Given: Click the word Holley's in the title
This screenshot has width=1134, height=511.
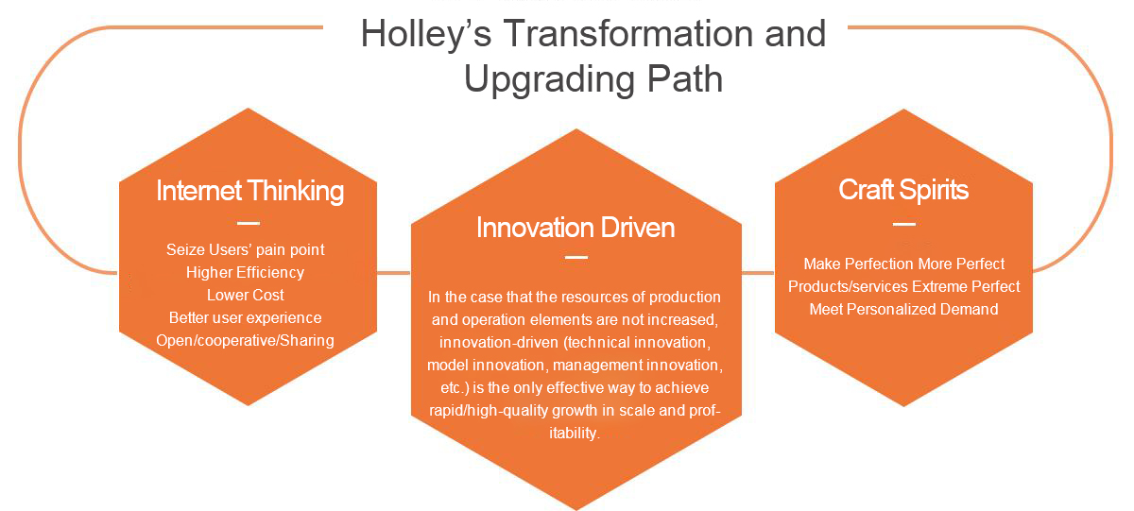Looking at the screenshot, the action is pyautogui.click(x=426, y=35).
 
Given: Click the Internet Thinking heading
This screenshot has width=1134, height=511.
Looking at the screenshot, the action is pyautogui.click(x=250, y=192).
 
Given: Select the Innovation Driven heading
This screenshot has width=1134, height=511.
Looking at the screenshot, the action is pyautogui.click(x=576, y=228).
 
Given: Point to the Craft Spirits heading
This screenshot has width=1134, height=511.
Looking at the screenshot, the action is pyautogui.click(x=903, y=190).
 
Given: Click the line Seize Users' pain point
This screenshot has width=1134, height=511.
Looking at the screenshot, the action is pyautogui.click(x=246, y=250).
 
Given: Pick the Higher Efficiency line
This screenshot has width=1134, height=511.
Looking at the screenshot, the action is pyautogui.click(x=245, y=273).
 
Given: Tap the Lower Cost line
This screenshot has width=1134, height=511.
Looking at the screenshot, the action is pyautogui.click(x=246, y=295).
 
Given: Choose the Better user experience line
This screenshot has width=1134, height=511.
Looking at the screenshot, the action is pyautogui.click(x=246, y=317).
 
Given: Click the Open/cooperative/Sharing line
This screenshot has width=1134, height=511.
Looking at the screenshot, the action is pyautogui.click(x=245, y=340).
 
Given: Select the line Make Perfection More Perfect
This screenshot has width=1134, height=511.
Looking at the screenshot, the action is pyautogui.click(x=904, y=264).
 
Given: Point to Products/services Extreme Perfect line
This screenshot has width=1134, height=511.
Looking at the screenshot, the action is pyautogui.click(x=904, y=287).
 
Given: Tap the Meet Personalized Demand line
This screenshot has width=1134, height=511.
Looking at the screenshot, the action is pyautogui.click(x=904, y=309).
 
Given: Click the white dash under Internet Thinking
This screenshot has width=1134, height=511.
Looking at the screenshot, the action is pyautogui.click(x=249, y=223).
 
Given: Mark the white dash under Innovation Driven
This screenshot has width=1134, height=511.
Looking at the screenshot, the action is pyautogui.click(x=576, y=258).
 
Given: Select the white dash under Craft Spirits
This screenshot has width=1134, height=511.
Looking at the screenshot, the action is pyautogui.click(x=904, y=224).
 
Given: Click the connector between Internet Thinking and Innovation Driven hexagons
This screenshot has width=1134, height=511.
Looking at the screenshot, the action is pyautogui.click(x=394, y=273).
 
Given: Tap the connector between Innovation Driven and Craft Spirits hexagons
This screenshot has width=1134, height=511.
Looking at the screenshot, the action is pyautogui.click(x=758, y=273).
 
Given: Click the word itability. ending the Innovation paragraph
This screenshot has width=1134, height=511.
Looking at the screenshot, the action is pyautogui.click(x=575, y=434).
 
